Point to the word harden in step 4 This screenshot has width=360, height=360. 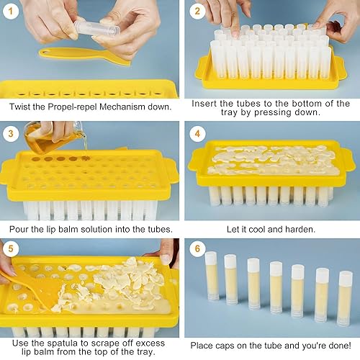[300, 229]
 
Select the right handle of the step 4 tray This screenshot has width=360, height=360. [348, 159]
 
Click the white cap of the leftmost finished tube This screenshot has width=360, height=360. [211, 257]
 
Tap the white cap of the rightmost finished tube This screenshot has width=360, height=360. [344, 275]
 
